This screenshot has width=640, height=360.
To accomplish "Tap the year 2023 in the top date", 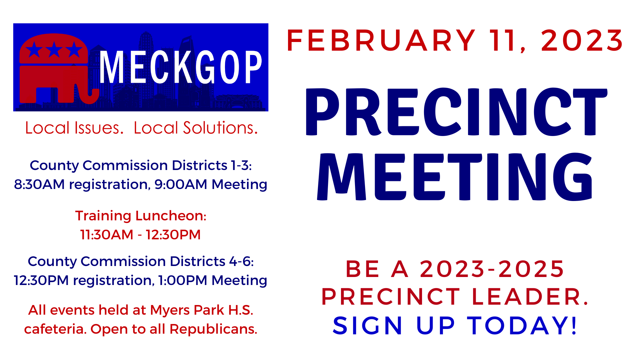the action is [x=582, y=41].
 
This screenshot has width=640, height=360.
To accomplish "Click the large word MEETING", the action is [x=455, y=177].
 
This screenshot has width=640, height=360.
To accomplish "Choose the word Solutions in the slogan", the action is [x=220, y=128].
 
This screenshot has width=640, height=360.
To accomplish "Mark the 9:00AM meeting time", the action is [x=181, y=184].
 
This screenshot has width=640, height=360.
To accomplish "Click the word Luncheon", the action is [x=171, y=216].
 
